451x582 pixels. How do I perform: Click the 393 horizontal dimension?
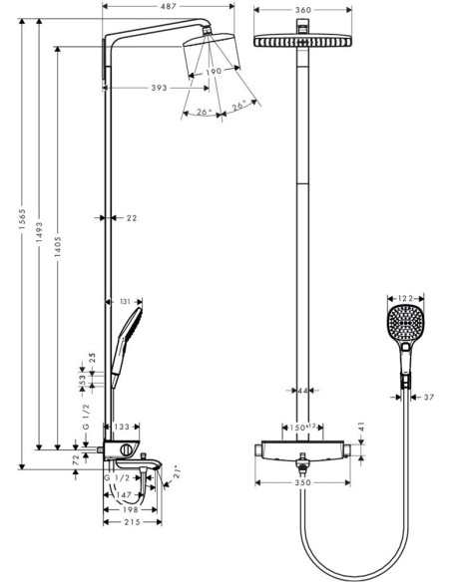[x=158, y=88]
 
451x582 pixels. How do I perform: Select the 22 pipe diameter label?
[x=131, y=217]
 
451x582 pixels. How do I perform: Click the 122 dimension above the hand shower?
[x=404, y=298]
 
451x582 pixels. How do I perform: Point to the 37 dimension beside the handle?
[x=429, y=398]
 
